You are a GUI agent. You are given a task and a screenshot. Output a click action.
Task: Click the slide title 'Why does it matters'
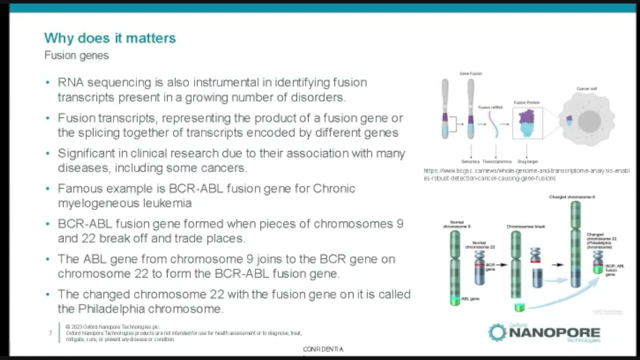[110, 38]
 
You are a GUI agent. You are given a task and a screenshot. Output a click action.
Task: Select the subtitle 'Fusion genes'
[76, 55]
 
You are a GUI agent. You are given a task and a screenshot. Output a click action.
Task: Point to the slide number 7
[50, 333]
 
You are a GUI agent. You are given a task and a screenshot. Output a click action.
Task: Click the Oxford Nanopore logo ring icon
[497, 332]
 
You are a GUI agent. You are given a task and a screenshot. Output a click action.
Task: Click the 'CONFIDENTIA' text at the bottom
[323, 349]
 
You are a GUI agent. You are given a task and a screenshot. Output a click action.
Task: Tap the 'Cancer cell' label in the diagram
[586, 88]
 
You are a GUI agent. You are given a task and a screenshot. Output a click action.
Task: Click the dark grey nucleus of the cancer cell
[589, 121]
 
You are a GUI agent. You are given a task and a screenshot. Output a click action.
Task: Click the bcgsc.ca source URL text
[525, 174]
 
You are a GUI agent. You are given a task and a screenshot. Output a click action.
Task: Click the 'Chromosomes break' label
[525, 226]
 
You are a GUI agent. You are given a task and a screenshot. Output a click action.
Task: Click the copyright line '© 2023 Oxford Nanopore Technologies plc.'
[112, 327]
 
